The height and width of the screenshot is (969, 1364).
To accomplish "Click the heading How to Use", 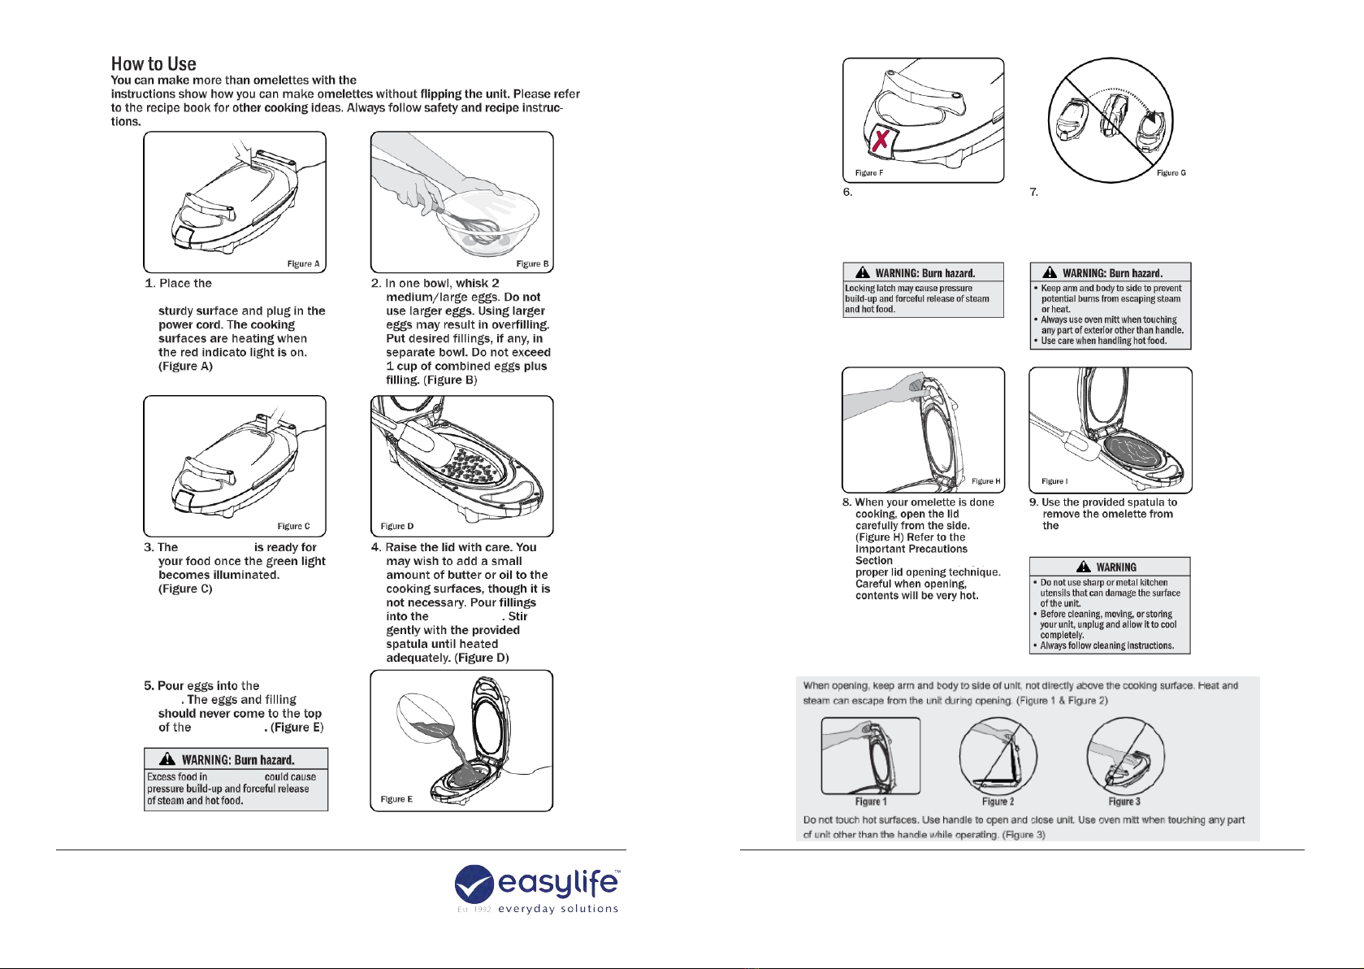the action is [x=154, y=64].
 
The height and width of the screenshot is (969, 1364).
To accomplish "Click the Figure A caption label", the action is [x=303, y=264].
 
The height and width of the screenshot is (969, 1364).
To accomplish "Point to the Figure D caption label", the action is [x=397, y=527].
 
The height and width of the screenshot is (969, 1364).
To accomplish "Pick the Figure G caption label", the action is [x=1171, y=173].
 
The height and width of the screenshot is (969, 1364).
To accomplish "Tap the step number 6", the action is [x=847, y=193].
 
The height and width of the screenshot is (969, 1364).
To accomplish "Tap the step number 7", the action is [x=1034, y=193].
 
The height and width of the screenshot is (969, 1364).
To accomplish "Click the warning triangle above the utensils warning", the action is [x=1084, y=567].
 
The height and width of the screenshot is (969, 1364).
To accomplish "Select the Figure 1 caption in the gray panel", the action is [x=871, y=802].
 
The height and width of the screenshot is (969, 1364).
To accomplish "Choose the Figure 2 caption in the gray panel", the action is [x=998, y=802].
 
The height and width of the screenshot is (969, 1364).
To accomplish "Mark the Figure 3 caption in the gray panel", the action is [x=1124, y=802].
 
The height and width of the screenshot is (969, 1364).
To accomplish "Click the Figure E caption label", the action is [x=396, y=800].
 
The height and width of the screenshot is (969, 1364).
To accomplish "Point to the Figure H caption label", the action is [x=986, y=481].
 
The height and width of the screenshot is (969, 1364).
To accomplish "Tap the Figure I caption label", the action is [x=1054, y=481].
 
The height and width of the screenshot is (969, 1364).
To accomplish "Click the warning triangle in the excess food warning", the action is [x=167, y=759].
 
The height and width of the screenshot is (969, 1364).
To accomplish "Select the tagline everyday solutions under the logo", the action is [x=558, y=909].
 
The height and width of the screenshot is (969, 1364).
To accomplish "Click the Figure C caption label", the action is [x=293, y=527].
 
